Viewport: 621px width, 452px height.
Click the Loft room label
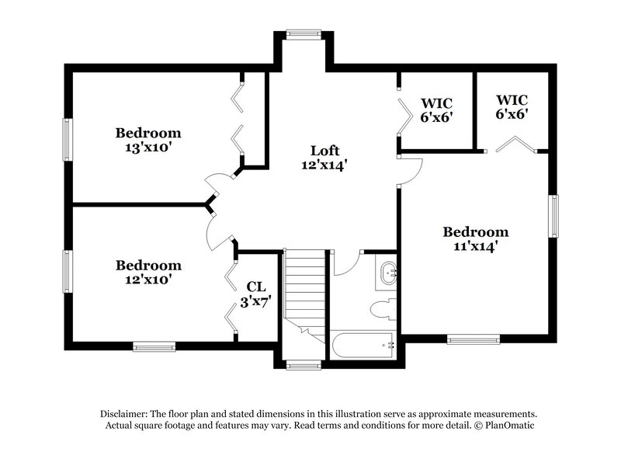click(x=324, y=150)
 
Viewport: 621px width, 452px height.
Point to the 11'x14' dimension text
click(x=475, y=246)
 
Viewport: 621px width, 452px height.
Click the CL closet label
click(x=256, y=287)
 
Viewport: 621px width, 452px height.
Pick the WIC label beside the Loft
click(x=436, y=103)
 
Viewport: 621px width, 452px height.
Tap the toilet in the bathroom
click(x=383, y=310)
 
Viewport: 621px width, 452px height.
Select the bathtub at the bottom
click(x=363, y=345)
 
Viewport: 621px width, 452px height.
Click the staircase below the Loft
click(x=303, y=291)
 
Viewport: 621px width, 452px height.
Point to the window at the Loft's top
click(x=297, y=33)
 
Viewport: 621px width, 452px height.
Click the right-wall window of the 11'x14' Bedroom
click(x=554, y=214)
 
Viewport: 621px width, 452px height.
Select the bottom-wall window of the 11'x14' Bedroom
click(x=473, y=339)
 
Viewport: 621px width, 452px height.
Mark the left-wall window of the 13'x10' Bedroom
click(x=68, y=140)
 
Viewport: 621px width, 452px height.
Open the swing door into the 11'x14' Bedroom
click(x=410, y=170)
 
